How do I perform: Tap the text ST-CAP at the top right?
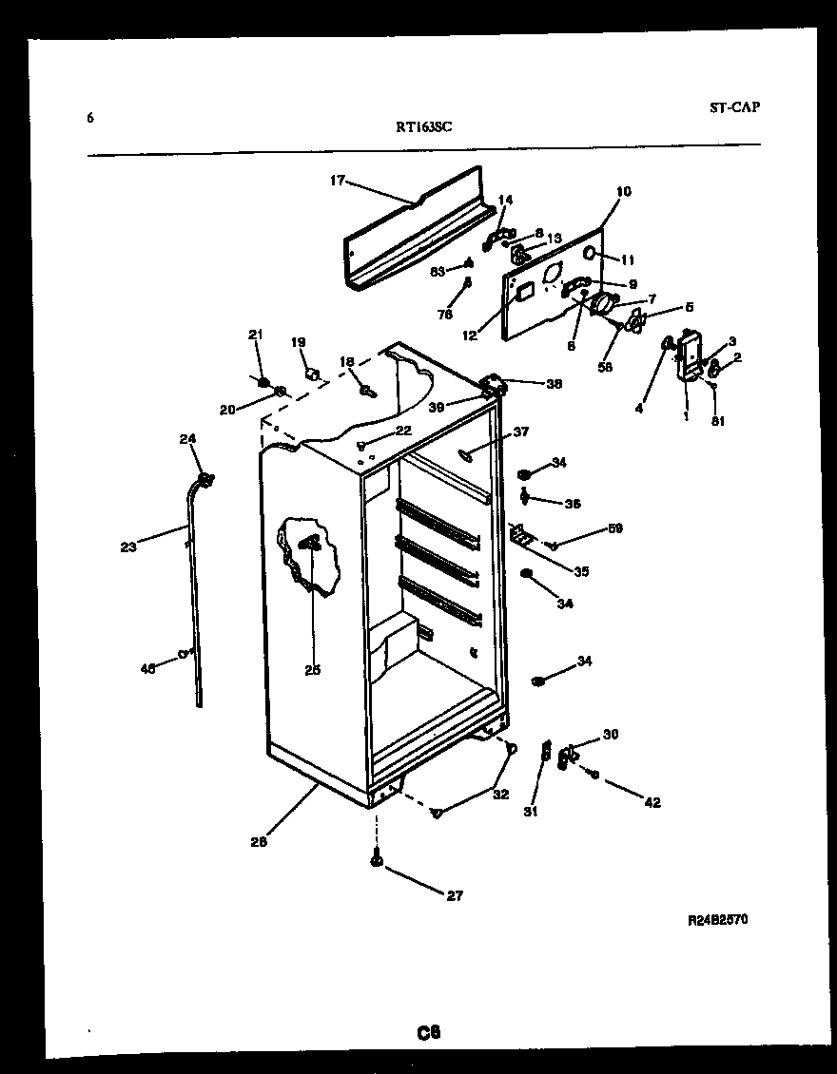point(733,107)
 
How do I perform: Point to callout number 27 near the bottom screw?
point(455,895)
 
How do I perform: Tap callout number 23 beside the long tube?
point(128,547)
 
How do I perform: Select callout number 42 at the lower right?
point(652,803)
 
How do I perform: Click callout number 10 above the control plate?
point(623,192)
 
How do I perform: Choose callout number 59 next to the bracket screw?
point(615,528)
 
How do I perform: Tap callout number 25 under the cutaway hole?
point(312,670)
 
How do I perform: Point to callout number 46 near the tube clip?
point(147,669)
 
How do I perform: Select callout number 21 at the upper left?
point(255,334)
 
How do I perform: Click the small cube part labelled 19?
point(308,374)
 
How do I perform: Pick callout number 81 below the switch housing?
point(718,421)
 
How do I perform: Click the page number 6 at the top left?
point(90,119)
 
